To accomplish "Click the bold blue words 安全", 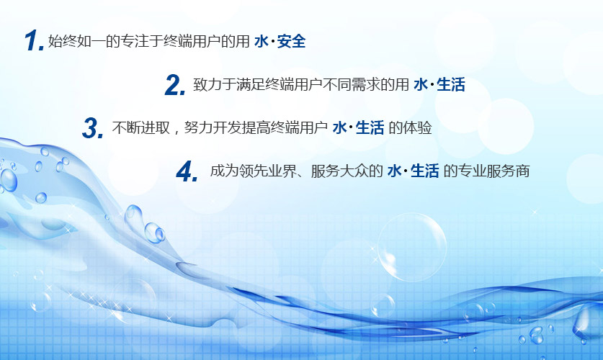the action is (x=291, y=41).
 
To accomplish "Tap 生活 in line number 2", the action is (x=451, y=84).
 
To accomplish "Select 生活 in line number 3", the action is (x=370, y=127).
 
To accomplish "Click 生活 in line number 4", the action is (x=424, y=171).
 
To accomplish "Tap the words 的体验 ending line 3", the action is (x=411, y=127).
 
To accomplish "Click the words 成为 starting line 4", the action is (x=224, y=171).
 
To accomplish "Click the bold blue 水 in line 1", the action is (x=262, y=41).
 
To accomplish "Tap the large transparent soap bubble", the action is (x=412, y=247).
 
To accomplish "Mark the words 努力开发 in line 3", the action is (x=213, y=127).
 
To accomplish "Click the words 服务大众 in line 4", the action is (x=339, y=171).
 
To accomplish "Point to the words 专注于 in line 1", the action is (x=141, y=41).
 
